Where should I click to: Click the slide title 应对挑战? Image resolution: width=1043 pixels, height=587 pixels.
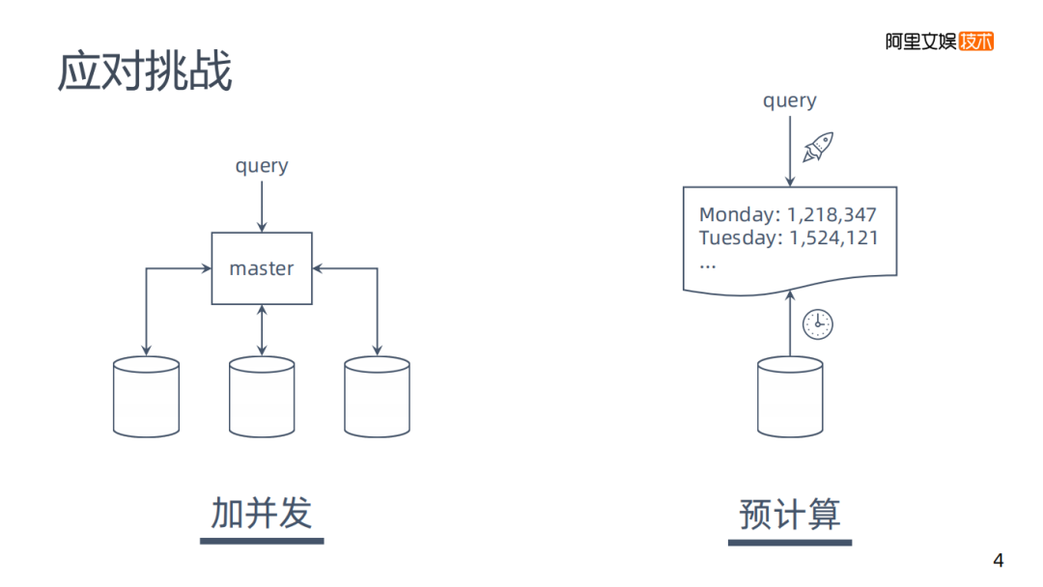145,72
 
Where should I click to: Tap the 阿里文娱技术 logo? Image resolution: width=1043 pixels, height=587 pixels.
939,42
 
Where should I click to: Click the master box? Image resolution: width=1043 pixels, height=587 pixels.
262,268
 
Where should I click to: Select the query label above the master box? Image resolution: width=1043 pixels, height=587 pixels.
262,165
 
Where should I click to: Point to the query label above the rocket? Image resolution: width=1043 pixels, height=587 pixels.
789,100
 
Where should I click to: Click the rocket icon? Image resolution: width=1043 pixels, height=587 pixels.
818,148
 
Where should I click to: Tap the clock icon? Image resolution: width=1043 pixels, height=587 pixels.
817,324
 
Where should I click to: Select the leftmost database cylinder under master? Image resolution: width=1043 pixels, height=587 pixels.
146,397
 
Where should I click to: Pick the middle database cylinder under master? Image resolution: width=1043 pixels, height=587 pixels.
262,397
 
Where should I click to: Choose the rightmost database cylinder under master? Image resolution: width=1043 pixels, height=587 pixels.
377,397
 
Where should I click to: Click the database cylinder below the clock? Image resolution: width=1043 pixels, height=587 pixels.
790,397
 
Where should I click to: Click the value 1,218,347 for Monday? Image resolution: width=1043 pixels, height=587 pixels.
832,214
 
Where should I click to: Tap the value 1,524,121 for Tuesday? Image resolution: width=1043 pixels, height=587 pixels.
833,238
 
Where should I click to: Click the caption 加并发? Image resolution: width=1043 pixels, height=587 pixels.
262,513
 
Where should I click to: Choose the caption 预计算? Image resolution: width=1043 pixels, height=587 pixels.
789,513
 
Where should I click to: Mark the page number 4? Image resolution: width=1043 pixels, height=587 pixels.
999,561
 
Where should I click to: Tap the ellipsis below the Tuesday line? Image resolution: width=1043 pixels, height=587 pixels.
708,263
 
